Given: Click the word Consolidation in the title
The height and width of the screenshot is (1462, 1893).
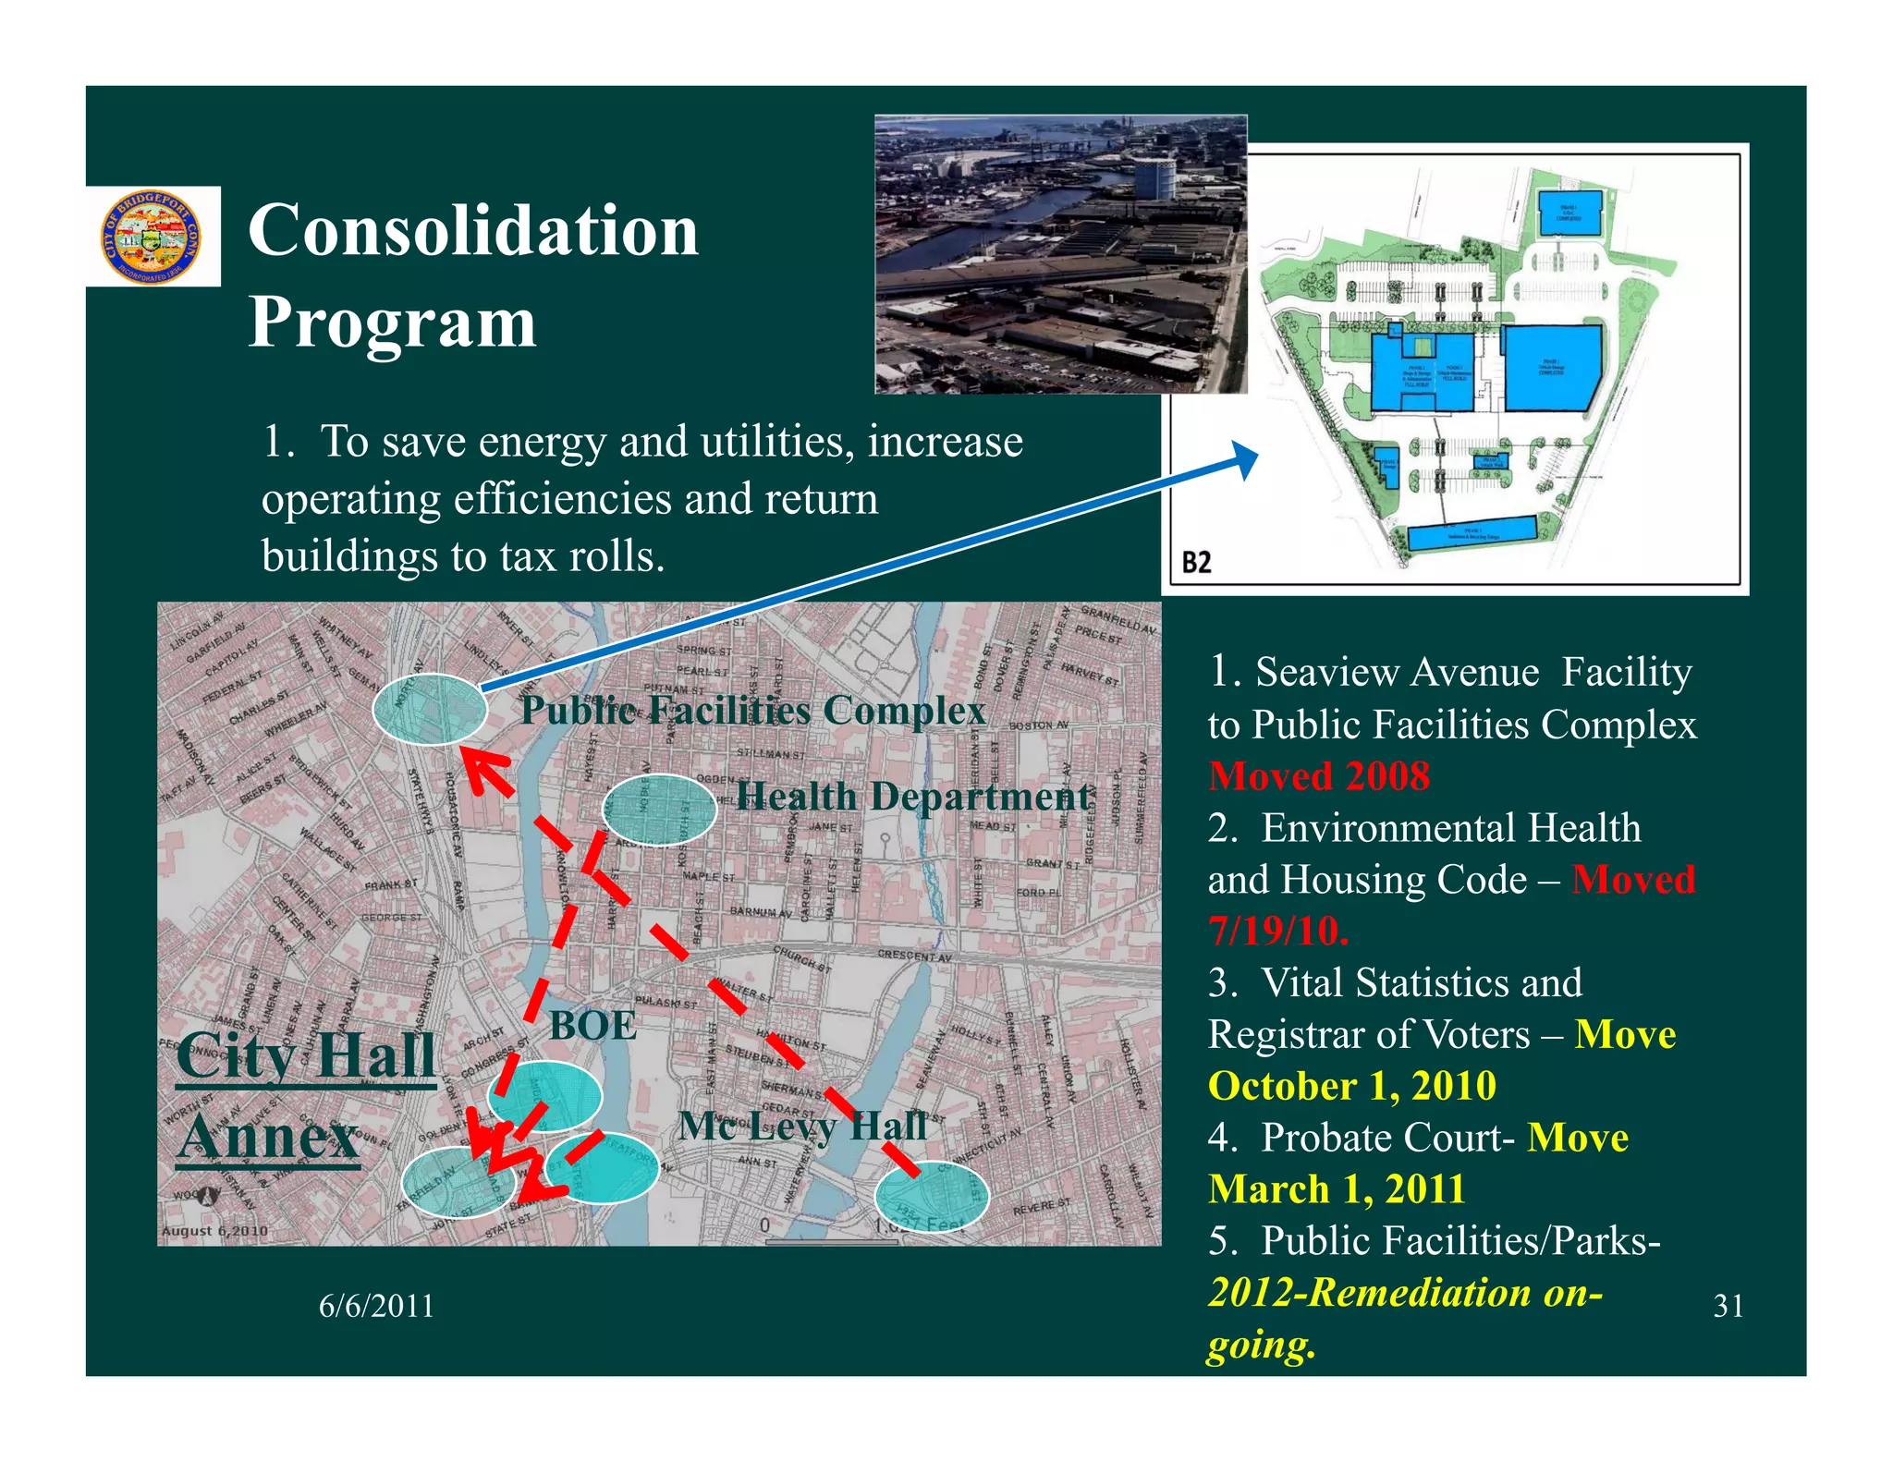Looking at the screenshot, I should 473,231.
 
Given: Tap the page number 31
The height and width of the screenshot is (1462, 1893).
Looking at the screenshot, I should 1728,1306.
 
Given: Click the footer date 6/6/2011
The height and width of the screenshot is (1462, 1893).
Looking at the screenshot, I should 376,1306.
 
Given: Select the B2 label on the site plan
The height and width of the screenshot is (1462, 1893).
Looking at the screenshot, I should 1196,562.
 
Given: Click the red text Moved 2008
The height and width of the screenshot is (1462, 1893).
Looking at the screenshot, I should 1319,776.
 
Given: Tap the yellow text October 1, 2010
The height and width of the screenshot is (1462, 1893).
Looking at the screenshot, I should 1351,1086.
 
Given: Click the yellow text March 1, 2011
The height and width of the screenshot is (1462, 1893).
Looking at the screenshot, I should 1337,1189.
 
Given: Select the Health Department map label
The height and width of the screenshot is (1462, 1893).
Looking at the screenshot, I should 913,797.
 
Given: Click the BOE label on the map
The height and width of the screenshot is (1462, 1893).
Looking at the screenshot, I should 592,1026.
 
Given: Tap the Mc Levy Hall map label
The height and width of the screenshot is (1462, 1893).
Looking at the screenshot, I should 801,1126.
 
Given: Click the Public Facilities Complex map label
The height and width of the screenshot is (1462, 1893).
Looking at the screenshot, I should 753,711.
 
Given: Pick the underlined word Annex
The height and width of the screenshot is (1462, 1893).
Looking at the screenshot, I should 268,1137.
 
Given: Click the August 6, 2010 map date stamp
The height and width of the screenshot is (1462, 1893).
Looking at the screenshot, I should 214,1231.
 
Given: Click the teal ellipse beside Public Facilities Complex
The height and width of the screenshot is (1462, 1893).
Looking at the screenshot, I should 430,710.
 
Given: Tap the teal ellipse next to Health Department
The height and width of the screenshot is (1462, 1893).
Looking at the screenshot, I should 658,810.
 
